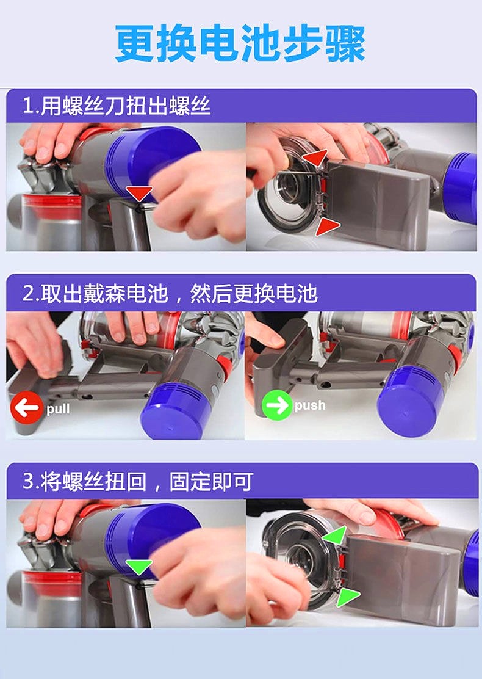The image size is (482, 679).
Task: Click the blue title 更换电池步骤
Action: tap(240, 44)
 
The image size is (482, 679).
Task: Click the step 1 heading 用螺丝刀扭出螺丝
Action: tap(117, 106)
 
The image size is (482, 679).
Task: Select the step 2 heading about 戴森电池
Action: tap(170, 294)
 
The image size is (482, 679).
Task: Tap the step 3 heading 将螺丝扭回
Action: tap(138, 482)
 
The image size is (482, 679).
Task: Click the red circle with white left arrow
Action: tap(27, 407)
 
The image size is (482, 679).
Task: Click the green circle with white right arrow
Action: tap(277, 405)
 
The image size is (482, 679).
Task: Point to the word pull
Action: tap(58, 409)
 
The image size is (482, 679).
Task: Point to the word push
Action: tap(310, 405)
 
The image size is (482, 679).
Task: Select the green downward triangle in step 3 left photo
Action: tap(139, 567)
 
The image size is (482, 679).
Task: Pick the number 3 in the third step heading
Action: tap(28, 482)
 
